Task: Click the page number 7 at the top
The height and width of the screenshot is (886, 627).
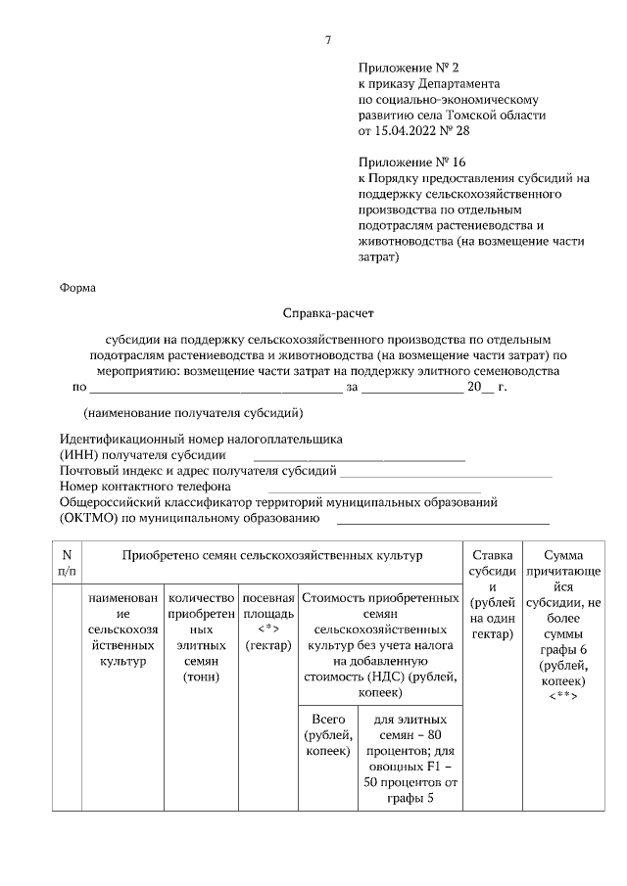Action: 328,40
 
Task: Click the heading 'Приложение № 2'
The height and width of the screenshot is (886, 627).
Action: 410,69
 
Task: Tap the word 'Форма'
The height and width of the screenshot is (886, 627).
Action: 77,287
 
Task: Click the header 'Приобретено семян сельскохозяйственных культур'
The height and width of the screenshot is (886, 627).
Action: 271,555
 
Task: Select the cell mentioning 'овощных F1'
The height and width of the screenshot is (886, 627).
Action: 410,760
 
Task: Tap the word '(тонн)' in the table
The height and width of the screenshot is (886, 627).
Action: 200,676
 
